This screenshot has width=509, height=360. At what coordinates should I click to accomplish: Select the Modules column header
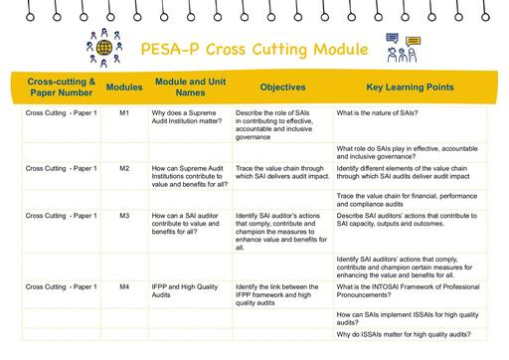coord(124,88)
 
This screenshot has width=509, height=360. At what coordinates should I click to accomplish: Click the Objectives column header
coord(282,88)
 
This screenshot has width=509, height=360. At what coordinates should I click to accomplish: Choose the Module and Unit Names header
coord(189,88)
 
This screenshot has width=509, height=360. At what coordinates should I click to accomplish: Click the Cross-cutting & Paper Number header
coord(62,88)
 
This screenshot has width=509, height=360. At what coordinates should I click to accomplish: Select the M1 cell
coord(124,114)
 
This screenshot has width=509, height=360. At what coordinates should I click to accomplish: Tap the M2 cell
coord(124,168)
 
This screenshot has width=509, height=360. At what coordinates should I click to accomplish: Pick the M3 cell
coord(124,215)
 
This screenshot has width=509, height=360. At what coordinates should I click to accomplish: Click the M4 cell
coord(124,286)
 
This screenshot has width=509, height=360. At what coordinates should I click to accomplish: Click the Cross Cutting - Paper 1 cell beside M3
coord(62,215)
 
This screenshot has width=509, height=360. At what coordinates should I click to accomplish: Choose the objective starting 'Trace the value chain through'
coord(281,172)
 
